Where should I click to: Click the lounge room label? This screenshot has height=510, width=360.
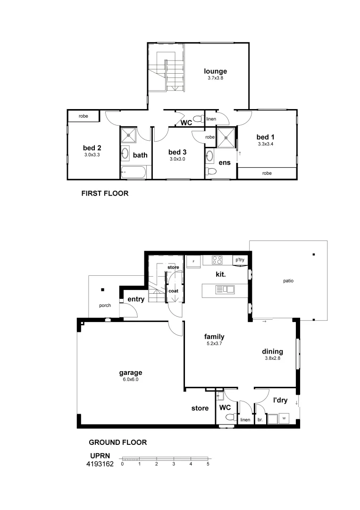coord(215,71)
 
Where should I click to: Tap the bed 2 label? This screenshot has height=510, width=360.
coord(92,147)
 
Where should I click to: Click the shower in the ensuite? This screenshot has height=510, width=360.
coord(226,136)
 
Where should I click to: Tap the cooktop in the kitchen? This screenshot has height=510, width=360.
coord(218,260)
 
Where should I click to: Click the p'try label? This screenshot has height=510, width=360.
coord(240,260)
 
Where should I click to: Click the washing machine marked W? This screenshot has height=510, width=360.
coord(284,417)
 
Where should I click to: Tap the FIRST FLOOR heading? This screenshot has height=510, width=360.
coord(105,193)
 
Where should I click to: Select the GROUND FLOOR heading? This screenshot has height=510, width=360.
coord(118,442)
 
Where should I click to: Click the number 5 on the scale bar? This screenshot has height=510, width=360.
coord(208,464)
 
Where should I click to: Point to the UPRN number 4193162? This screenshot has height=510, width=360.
coord(100,464)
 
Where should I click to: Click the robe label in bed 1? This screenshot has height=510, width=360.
coord(267,173)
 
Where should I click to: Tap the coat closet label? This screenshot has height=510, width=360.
coord(173,291)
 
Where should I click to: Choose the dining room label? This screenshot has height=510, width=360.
coord(273,351)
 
